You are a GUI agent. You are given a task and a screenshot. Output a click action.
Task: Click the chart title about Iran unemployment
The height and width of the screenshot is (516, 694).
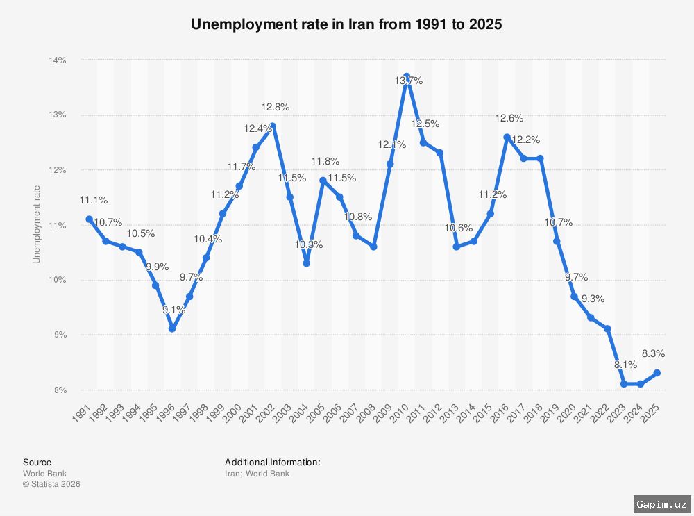click(346, 24)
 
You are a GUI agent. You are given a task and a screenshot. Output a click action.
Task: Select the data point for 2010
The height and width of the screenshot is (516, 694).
click(407, 76)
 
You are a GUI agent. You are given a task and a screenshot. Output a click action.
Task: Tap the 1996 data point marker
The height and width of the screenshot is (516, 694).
click(172, 328)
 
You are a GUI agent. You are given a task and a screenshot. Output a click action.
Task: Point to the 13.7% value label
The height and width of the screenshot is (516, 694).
click(409, 81)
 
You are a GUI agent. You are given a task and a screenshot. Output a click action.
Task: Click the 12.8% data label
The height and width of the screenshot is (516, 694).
click(276, 107)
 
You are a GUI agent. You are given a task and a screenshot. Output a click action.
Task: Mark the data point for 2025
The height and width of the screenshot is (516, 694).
click(657, 373)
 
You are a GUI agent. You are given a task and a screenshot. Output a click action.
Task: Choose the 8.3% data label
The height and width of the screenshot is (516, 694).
click(655, 353)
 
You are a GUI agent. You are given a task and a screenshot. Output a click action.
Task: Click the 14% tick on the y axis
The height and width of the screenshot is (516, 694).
click(58, 60)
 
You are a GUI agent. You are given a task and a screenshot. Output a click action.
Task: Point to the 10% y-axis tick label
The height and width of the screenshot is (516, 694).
click(58, 280)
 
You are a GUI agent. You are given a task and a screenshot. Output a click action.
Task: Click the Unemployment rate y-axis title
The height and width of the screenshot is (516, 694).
click(37, 225)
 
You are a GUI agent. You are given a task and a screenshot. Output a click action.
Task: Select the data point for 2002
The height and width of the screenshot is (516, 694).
click(273, 126)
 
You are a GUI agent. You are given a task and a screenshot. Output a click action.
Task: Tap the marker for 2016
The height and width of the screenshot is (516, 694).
click(507, 137)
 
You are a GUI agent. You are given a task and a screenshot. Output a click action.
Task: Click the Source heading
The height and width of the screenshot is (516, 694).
click(37, 462)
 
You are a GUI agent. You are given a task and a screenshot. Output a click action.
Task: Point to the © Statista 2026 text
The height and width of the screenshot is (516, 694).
click(51, 484)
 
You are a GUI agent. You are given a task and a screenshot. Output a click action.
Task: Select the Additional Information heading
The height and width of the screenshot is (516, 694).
click(272, 462)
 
